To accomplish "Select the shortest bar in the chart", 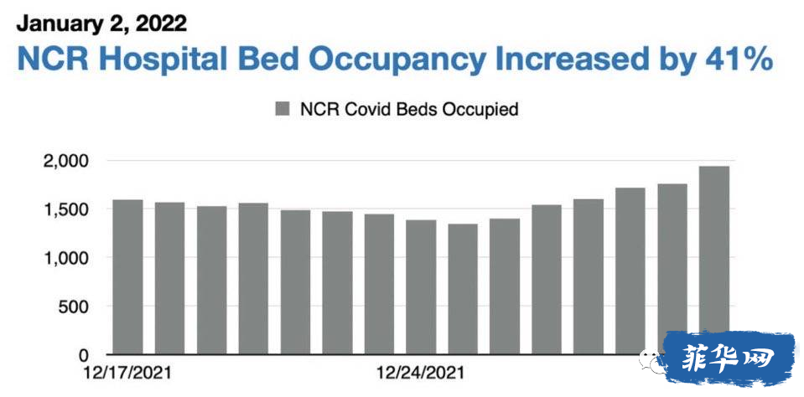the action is coord(463,289).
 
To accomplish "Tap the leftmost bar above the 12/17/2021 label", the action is coord(127,276).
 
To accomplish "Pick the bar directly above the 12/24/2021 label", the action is coord(421,287).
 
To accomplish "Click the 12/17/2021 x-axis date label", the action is coord(127,373).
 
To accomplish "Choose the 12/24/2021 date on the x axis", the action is coord(421,373).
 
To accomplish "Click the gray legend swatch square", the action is coord(283,109).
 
